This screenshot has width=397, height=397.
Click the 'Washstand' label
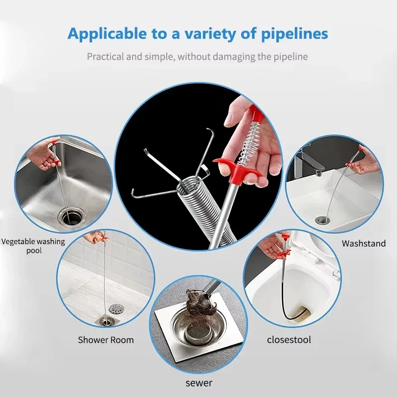tap(364, 243)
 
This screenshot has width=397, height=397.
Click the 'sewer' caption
tap(199, 383)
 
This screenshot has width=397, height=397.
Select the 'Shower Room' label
tap(106, 340)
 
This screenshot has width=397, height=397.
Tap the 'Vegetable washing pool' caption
tap(33, 246)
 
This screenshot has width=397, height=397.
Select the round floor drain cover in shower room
tap(116, 308)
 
